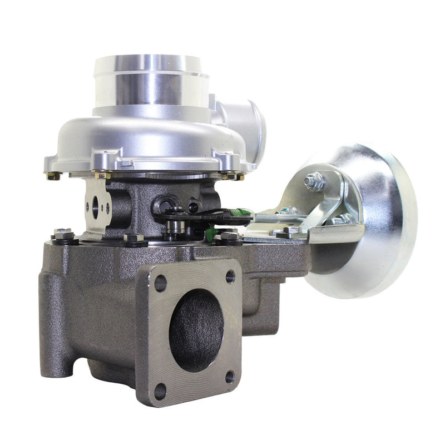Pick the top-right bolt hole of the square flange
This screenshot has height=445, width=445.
pyautogui.click(x=230, y=276)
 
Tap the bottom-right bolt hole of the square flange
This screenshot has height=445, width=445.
pyautogui.click(x=229, y=377)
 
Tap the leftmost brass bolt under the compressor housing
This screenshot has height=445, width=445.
pyautogui.click(x=54, y=176)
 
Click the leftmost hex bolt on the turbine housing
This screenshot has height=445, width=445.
pyautogui.click(x=64, y=235)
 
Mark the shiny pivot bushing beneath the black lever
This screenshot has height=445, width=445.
pyautogui.click(x=177, y=228)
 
